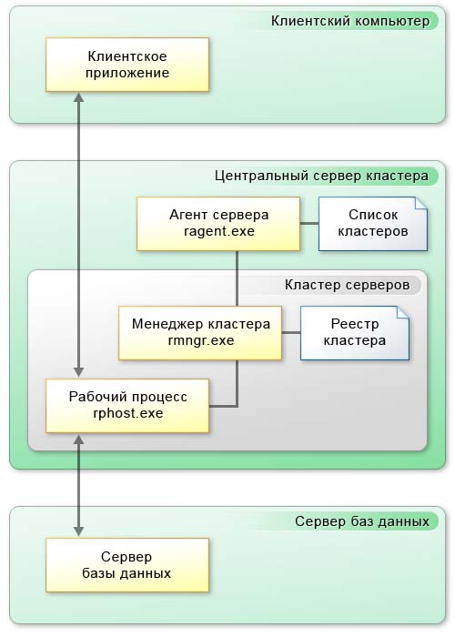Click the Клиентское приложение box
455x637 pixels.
(x=127, y=65)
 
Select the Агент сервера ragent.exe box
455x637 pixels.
(x=218, y=224)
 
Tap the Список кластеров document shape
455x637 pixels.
(x=373, y=224)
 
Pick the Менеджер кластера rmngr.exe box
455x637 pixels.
(x=200, y=333)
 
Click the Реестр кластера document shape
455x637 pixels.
(x=355, y=333)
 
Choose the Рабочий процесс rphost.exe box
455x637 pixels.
(x=127, y=406)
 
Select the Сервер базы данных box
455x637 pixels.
(x=127, y=565)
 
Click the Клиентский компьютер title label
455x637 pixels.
(x=350, y=21)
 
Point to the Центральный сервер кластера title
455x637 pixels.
(x=321, y=176)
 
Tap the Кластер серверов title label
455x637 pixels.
(x=347, y=285)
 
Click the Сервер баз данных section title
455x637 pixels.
(x=362, y=521)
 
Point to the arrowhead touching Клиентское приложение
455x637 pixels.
(x=79, y=96)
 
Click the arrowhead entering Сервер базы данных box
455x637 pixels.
(x=79, y=531)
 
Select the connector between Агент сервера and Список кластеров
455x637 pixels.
(x=309, y=223)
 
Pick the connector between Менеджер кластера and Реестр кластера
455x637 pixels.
(x=291, y=333)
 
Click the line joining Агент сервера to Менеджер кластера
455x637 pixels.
(x=237, y=278)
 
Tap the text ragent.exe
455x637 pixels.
(x=219, y=231)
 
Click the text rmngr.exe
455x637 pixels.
(x=201, y=340)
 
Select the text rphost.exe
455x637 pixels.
(x=128, y=413)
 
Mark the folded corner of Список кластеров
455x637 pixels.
(x=420, y=204)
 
